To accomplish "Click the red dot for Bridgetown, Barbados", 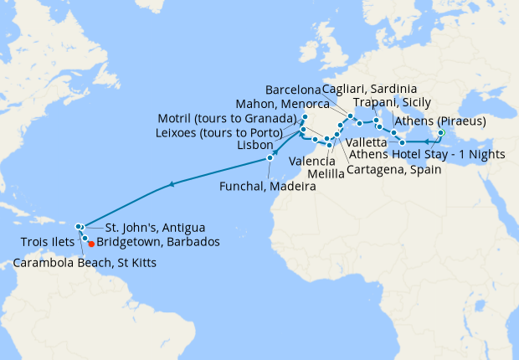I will coord(91,244).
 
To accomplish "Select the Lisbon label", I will coord(255,145).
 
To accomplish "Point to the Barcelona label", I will coord(292,90).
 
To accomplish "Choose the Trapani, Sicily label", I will coord(390,103).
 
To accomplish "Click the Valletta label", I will coord(366,143).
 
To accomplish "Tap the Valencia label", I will coord(311,159).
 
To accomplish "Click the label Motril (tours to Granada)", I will coord(228,117).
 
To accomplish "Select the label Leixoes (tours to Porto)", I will coord(226,131).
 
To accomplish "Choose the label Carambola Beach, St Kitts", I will coord(85,264).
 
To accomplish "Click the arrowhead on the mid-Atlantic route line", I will coord(171,184).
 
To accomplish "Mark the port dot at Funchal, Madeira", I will coord(270,158).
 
